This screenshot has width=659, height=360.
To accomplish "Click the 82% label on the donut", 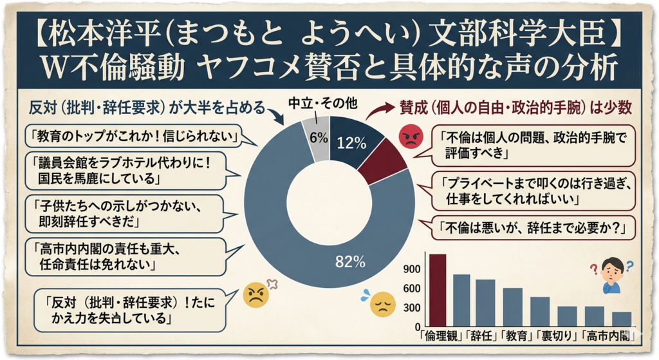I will tap(350, 262).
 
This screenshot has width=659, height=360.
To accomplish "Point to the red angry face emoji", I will tap(409, 137).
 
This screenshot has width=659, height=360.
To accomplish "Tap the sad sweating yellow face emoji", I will tap(381, 304).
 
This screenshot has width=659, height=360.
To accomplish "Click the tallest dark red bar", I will tap(438, 290).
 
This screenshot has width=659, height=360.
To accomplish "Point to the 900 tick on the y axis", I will tap(412, 267).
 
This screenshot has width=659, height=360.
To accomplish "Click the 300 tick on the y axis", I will tap(412, 308).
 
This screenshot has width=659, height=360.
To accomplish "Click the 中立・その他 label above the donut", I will tap(320, 103).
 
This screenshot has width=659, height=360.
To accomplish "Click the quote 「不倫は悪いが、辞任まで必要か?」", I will tap(528, 227).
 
